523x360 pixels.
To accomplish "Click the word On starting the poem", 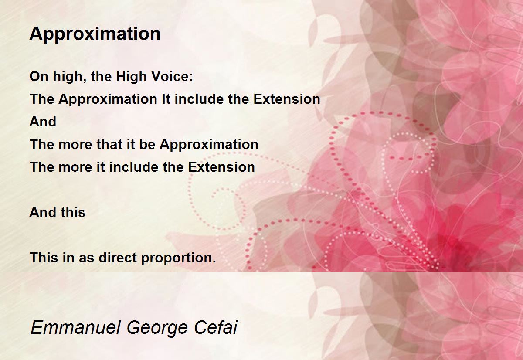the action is (x=39, y=76).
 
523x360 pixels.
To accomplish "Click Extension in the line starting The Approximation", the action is (x=287, y=99).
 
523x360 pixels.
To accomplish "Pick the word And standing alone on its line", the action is (x=43, y=122).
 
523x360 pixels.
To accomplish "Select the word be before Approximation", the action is (x=147, y=144).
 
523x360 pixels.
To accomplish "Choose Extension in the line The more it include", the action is (x=221, y=167).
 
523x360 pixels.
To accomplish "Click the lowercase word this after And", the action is (x=73, y=212).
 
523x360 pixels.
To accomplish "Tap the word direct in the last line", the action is (x=118, y=258).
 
